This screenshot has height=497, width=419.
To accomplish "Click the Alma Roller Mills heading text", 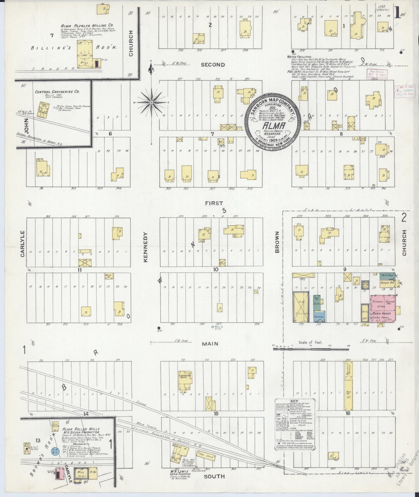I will (x=81, y=429).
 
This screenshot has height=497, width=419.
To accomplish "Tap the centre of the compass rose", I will (x=151, y=103).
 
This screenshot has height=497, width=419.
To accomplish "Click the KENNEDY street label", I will (x=146, y=247).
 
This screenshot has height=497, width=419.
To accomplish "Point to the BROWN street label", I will (x=277, y=242).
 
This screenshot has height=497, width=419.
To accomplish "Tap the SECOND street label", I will (x=213, y=65).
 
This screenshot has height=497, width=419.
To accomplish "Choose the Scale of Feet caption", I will (x=311, y=342).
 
